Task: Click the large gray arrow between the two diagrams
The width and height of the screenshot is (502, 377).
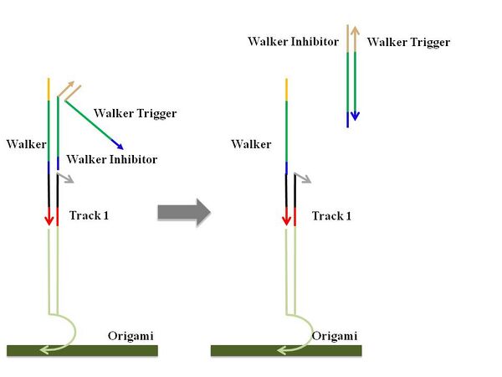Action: point(183,213)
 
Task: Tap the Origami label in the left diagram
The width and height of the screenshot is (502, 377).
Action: point(130,336)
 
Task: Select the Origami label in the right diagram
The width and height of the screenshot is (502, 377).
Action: point(335,336)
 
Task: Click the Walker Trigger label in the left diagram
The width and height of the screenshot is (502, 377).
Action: point(135,113)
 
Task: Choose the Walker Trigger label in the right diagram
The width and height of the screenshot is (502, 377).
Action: point(408,42)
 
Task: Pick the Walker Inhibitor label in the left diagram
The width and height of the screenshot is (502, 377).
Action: point(111,159)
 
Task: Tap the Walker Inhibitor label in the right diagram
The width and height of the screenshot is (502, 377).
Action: point(293,42)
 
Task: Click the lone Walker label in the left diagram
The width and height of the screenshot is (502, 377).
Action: point(26,144)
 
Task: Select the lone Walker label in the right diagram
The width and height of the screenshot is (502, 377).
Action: point(251,144)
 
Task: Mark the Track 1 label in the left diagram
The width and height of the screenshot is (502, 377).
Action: point(89,215)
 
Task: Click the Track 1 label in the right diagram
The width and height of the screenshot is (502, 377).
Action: point(331,216)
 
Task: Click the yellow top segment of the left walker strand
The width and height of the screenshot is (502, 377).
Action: point(49,88)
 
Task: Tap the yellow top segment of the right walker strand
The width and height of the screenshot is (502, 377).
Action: point(287,88)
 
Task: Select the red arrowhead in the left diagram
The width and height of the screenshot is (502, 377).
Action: point(49,219)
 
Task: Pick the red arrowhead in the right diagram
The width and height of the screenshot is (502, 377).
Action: point(286,219)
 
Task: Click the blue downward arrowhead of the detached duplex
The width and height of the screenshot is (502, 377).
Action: point(356,115)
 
